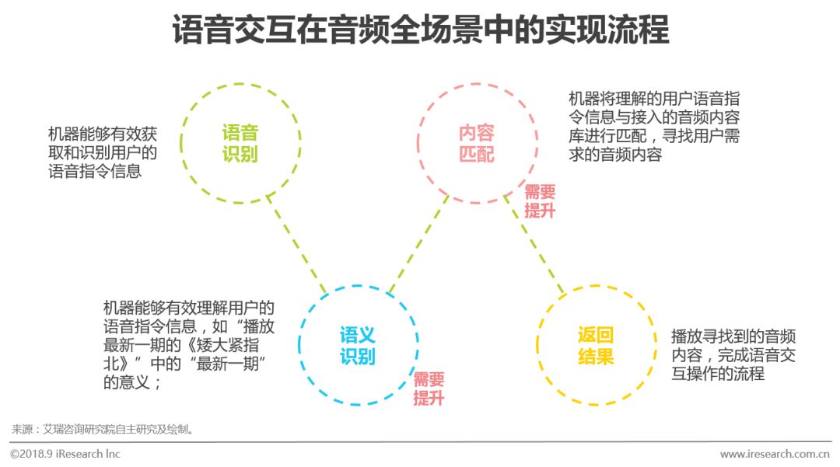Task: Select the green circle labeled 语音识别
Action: (240, 143)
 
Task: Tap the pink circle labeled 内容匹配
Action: (477, 143)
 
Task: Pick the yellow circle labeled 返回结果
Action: (596, 346)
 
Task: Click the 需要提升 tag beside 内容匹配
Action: (540, 201)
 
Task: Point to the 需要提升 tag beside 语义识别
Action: (429, 389)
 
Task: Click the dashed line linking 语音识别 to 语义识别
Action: (297, 243)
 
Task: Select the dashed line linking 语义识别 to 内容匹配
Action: (418, 243)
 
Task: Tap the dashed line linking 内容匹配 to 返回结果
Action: (537, 243)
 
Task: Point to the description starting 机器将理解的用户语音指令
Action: (653, 127)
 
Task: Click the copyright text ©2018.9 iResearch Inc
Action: (65, 454)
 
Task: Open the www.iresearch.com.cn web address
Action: (775, 454)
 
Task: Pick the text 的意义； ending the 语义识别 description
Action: (133, 382)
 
